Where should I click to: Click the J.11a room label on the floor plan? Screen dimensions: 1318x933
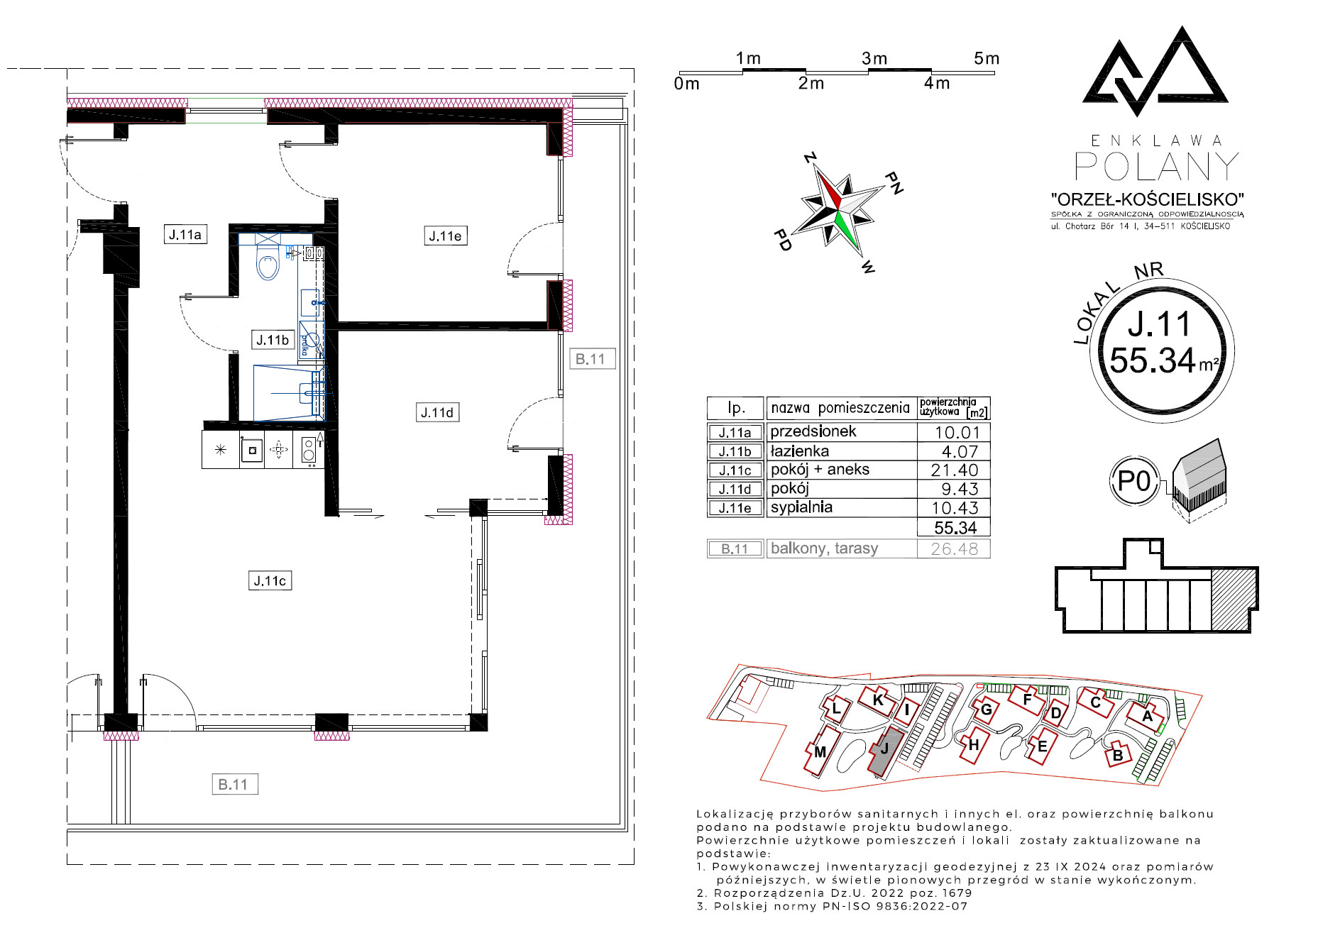click(x=185, y=234)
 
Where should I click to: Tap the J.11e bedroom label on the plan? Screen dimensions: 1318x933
click(x=446, y=236)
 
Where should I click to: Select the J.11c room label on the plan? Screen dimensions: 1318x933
click(x=270, y=580)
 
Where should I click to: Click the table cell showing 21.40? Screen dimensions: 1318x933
click(x=954, y=470)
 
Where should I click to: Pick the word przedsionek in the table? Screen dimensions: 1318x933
click(x=813, y=431)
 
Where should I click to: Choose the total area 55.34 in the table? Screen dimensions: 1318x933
click(x=955, y=527)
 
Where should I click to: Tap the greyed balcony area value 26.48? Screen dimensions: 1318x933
click(x=954, y=548)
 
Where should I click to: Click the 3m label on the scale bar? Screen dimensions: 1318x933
click(x=874, y=58)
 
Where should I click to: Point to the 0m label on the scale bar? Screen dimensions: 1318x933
click(x=686, y=84)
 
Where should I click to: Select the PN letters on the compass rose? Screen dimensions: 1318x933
click(x=894, y=182)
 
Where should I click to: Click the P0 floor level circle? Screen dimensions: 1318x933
click(x=1133, y=482)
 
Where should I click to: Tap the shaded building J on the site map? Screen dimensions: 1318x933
click(x=886, y=751)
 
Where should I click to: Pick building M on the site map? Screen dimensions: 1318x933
click(x=820, y=751)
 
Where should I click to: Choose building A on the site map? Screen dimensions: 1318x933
click(x=1146, y=716)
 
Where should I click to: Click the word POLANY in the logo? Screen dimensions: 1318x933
click(x=1157, y=167)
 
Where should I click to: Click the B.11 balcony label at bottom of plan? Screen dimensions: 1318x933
click(x=234, y=784)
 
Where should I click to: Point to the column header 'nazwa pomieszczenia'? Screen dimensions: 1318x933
click(x=840, y=408)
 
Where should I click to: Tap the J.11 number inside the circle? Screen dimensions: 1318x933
click(x=1158, y=324)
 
